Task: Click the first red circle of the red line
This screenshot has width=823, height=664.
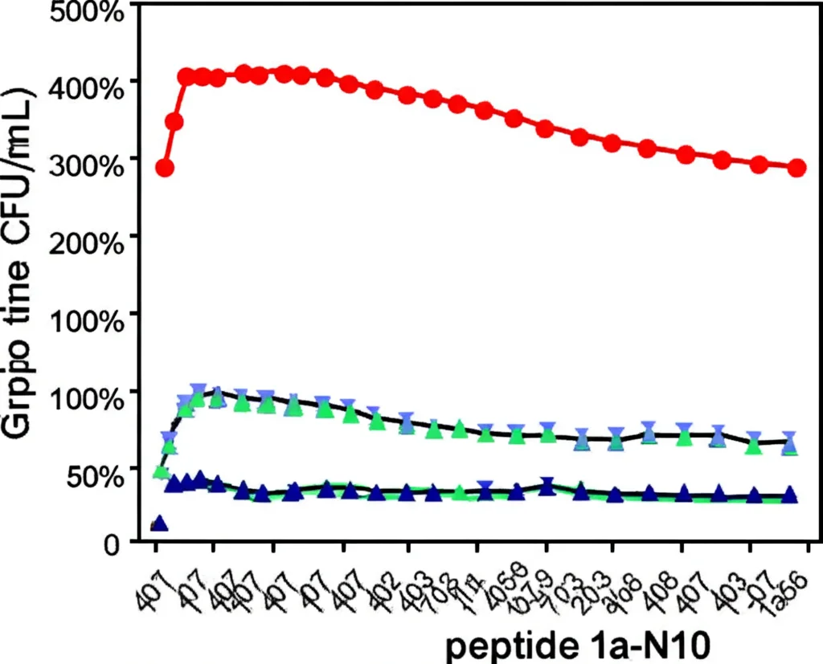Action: [x=165, y=168]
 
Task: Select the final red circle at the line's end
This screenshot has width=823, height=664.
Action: [x=796, y=168]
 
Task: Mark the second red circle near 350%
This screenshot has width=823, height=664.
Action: [x=174, y=122]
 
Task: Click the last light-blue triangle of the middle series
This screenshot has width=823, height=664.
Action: [x=790, y=442]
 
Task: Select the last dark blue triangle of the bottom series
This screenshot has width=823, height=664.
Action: [x=790, y=495]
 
